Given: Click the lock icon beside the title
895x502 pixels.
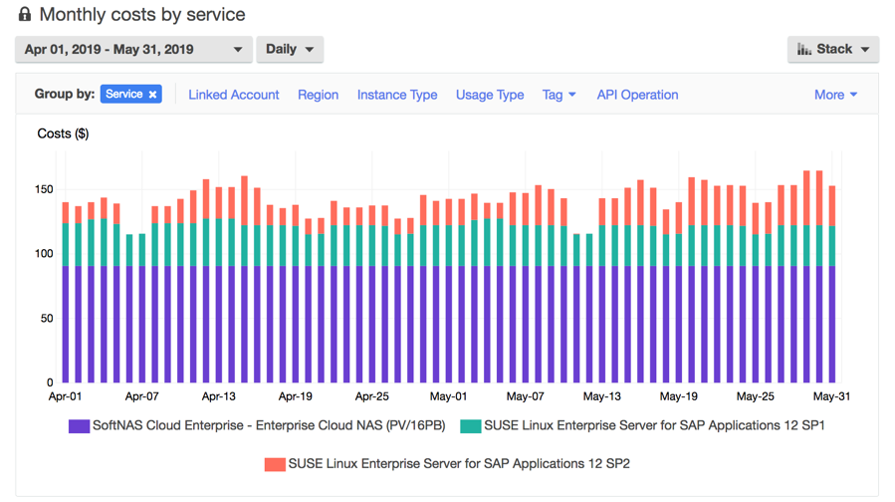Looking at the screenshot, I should (x=25, y=15).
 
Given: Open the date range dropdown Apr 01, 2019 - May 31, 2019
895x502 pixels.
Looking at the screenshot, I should (x=133, y=49).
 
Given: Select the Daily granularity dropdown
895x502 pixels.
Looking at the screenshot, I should (x=290, y=49).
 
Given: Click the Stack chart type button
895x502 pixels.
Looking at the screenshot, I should (x=833, y=49).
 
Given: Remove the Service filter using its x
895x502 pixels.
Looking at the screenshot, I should (x=153, y=95).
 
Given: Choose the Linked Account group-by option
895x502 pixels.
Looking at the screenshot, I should (x=234, y=95).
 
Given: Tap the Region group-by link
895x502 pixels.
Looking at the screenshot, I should (x=318, y=95).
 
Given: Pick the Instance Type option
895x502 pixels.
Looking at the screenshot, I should (x=397, y=95).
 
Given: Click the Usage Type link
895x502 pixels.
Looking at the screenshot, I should (x=490, y=95).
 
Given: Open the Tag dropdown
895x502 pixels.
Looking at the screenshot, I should (x=559, y=95).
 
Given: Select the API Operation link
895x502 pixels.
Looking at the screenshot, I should (x=637, y=95).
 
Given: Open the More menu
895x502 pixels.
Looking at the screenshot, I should (x=835, y=95).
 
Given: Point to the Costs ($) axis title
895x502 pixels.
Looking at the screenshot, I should (x=63, y=133).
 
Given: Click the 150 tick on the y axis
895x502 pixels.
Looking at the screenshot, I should (x=43, y=189).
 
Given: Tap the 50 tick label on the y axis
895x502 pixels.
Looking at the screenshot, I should (x=47, y=319).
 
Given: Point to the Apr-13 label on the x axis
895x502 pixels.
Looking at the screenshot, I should (x=218, y=396).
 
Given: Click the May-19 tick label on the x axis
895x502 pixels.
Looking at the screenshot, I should (x=678, y=396).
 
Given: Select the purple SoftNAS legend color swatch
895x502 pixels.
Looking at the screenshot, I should (x=79, y=426).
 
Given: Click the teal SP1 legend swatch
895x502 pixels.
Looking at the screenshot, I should (x=470, y=426).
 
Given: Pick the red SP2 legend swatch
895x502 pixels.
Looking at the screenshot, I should (x=275, y=464).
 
